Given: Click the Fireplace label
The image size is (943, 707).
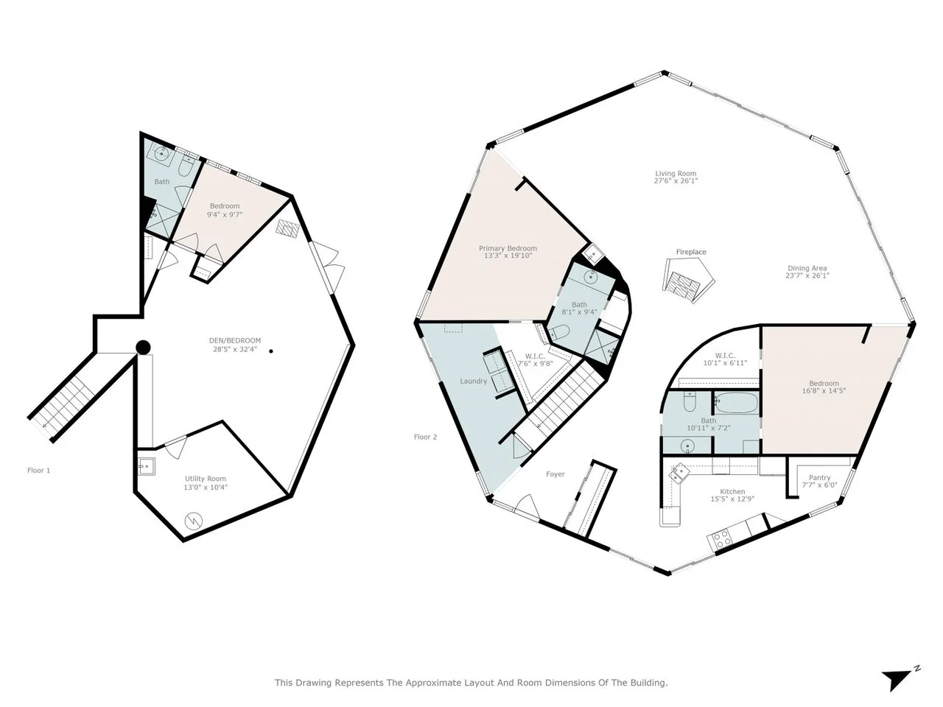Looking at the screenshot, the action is pyautogui.click(x=691, y=252).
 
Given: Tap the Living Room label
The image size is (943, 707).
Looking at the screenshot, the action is pyautogui.click(x=676, y=173).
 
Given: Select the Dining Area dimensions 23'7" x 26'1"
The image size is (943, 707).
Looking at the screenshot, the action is pyautogui.click(x=807, y=275).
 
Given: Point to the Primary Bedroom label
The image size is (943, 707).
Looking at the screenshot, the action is pyautogui.click(x=508, y=248).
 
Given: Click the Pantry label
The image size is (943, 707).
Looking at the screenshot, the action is pyautogui.click(x=819, y=477).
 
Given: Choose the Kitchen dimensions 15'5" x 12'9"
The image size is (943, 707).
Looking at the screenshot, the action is pyautogui.click(x=732, y=499).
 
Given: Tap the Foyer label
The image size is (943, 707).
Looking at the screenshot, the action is pyautogui.click(x=555, y=474).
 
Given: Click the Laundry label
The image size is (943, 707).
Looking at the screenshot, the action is pyautogui.click(x=474, y=381).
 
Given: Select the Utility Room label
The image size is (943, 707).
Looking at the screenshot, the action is pyautogui.click(x=205, y=479).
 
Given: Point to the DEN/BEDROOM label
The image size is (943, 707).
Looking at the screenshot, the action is pyautogui.click(x=234, y=340).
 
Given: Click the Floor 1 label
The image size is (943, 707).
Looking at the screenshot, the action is pyautogui.click(x=38, y=471).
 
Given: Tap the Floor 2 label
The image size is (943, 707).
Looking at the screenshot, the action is pyautogui.click(x=425, y=437).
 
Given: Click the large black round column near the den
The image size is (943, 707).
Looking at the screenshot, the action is pyautogui.click(x=143, y=347).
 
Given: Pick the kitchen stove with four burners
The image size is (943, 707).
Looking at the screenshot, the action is pyautogui.click(x=721, y=539).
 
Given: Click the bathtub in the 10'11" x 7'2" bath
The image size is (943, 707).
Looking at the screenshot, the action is pyautogui.click(x=737, y=403).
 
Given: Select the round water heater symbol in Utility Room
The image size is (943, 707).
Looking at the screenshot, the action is pyautogui.click(x=193, y=521).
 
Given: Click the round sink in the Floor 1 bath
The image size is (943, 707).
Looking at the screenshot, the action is pyautogui.click(x=162, y=153).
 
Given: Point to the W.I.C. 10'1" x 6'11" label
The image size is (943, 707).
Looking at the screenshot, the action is pyautogui.click(x=725, y=359).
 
